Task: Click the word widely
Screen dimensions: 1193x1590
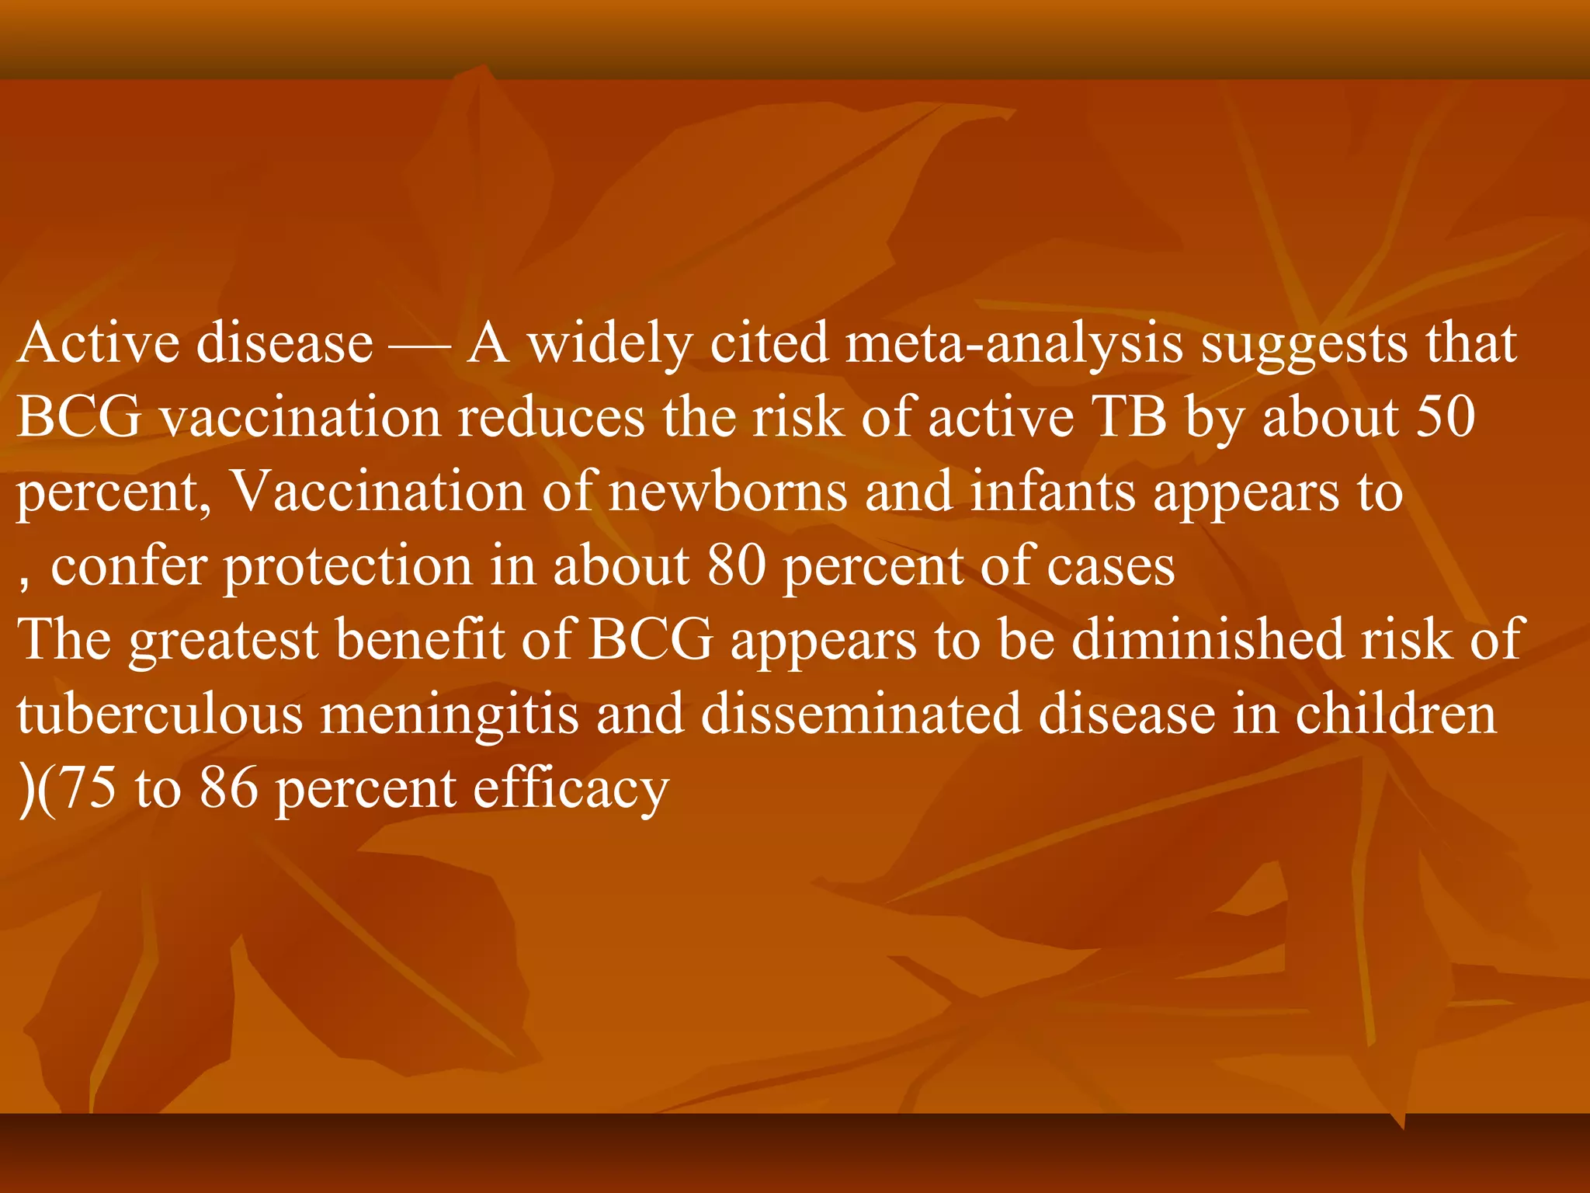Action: point(609,343)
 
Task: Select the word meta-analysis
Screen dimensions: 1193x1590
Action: point(1014,343)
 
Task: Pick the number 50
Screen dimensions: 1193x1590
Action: point(1446,418)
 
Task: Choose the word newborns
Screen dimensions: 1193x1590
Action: point(728,492)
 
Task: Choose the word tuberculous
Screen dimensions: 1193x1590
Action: point(160,715)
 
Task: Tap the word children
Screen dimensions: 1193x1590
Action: point(1395,715)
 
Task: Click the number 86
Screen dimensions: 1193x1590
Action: point(228,789)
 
